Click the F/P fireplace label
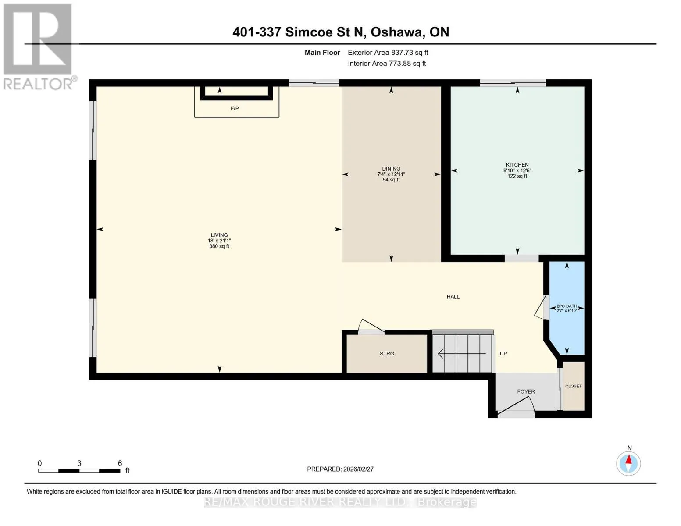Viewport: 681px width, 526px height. pos(235,108)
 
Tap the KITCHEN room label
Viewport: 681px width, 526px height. pos(517,165)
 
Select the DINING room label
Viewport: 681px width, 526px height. pos(391,169)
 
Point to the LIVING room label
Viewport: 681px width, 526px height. pos(219,235)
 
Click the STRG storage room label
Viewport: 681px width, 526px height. pos(387,354)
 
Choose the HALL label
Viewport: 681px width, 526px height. pos(453,297)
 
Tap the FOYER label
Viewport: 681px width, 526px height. pos(526,391)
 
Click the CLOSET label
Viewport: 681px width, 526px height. pos(573,386)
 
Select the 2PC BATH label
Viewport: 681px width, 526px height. pos(567,306)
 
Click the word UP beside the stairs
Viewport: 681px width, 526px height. pos(503,354)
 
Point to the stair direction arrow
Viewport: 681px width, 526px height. pos(462,354)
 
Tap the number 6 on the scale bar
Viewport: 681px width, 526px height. pos(120,463)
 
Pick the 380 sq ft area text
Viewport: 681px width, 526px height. pos(219,246)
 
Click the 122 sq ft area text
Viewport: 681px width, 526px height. pos(517,176)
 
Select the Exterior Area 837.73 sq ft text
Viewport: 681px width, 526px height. pos(388,53)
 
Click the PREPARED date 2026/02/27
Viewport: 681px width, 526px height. pos(358,469)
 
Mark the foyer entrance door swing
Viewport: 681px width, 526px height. pos(516,406)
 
